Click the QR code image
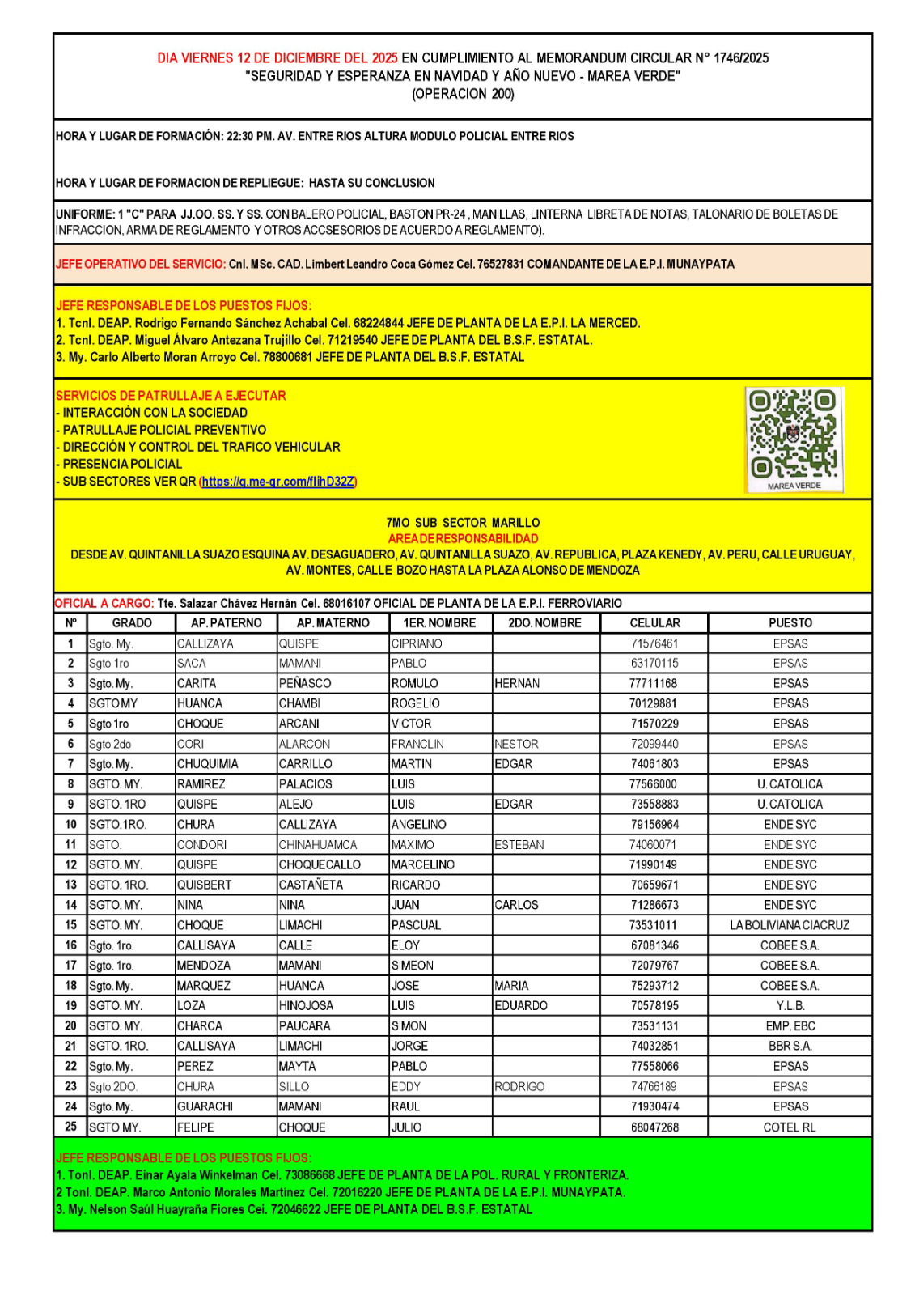click(794, 439)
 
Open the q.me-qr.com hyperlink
click(277, 482)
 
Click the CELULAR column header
click(654, 623)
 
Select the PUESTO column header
click(790, 623)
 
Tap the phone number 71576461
click(654, 644)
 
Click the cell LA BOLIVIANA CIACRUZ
click(790, 925)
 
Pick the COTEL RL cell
click(790, 1127)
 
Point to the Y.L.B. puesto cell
click(790, 1006)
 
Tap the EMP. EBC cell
click(790, 1026)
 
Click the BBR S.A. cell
click(790, 1047)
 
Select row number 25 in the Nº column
click(71, 1127)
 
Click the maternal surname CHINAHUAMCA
click(318, 845)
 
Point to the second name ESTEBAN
click(519, 845)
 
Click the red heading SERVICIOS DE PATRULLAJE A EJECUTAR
click(171, 396)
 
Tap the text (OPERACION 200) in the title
click(463, 94)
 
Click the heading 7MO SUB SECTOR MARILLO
click(463, 523)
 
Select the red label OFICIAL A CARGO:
click(104, 604)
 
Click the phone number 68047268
click(654, 1127)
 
